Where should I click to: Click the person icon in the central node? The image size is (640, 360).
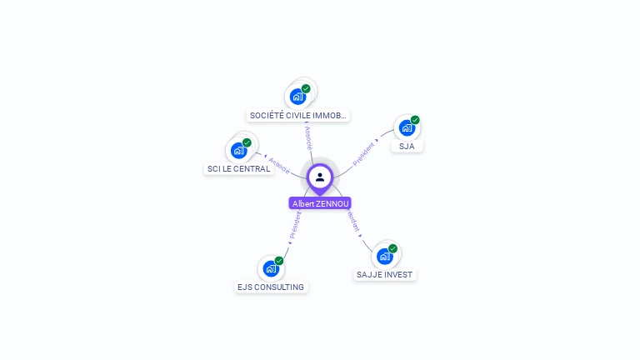320,177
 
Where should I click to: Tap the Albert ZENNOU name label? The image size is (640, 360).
320,203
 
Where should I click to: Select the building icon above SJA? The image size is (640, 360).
406,128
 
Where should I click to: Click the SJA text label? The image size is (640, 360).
407,146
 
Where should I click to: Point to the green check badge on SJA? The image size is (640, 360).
415,120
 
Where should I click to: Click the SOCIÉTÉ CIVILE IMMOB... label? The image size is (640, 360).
298,116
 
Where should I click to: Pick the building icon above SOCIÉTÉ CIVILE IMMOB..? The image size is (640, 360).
297,97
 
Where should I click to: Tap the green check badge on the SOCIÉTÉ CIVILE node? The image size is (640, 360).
306,88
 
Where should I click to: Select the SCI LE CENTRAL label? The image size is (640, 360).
238,169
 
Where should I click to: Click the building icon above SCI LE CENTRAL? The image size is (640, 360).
238,151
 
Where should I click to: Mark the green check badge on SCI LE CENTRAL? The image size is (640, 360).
247,142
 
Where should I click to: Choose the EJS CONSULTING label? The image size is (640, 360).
271,287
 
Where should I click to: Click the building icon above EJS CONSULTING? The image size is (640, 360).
270,268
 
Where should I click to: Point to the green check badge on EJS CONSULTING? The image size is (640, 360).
279,261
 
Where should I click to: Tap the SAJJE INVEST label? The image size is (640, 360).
384,275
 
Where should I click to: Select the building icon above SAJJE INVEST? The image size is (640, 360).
384,256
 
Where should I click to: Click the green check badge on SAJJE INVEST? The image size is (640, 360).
392,248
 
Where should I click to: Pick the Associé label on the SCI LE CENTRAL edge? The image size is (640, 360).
279,164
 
